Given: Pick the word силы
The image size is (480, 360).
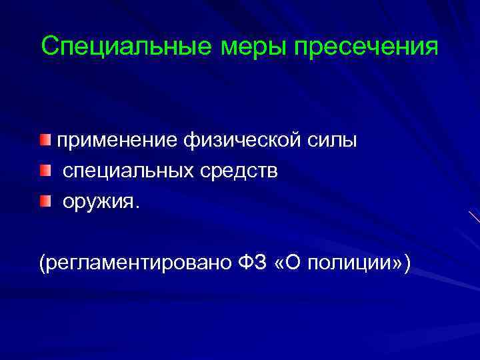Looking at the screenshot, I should pyautogui.click(x=333, y=141).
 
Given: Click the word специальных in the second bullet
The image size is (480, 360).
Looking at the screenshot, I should pyautogui.click(x=129, y=171).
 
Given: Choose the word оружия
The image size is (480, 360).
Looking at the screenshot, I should pyautogui.click(x=99, y=201).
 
